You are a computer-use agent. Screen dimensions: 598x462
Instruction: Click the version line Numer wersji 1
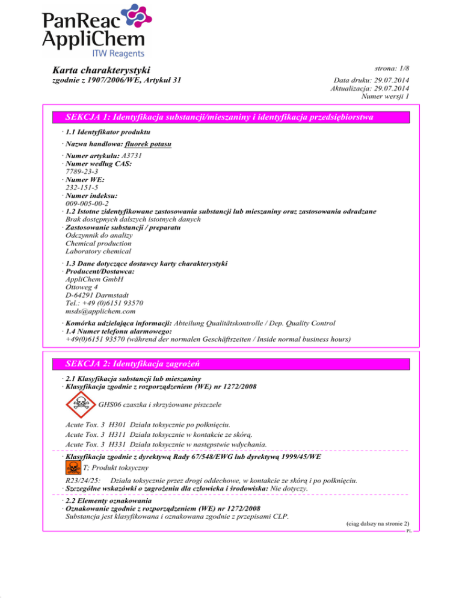click(x=385, y=96)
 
